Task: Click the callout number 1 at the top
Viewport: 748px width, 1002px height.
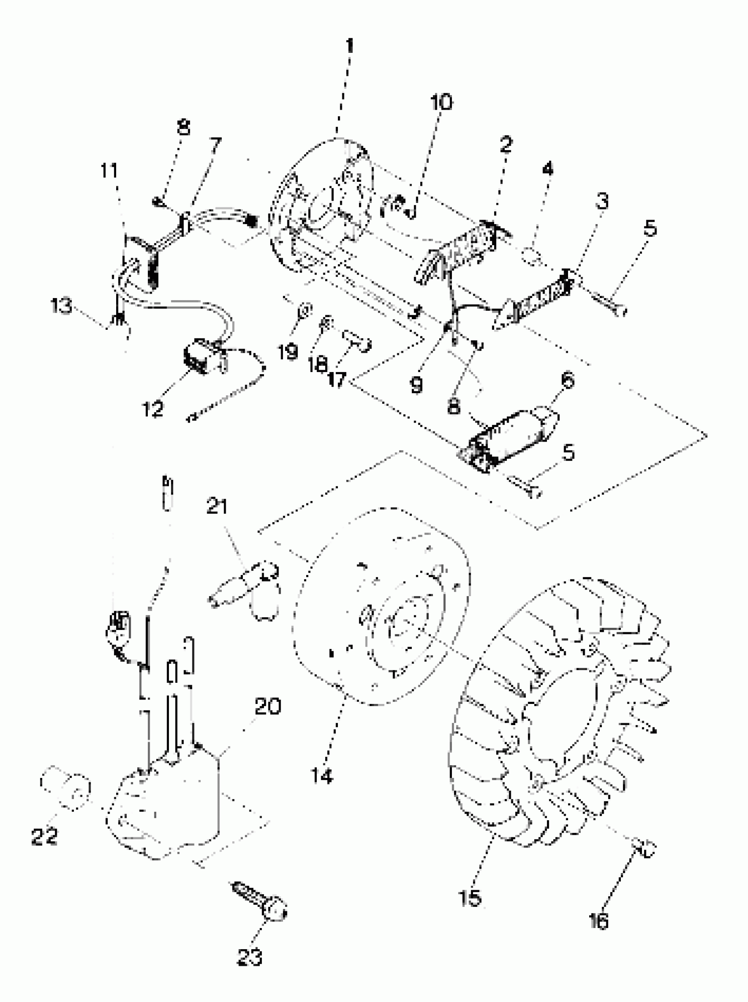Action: pos(349,46)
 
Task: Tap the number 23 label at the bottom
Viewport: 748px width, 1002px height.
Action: pos(249,958)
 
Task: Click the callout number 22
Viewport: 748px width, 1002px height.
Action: pos(44,836)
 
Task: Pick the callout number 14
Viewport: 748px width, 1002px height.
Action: pos(322,776)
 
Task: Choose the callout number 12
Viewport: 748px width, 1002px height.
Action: pos(153,409)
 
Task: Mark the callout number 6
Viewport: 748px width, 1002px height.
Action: pos(567,379)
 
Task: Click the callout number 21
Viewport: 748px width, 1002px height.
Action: pos(217,506)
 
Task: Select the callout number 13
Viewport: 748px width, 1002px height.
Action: pos(61,306)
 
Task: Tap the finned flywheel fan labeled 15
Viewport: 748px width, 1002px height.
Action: pos(561,716)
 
